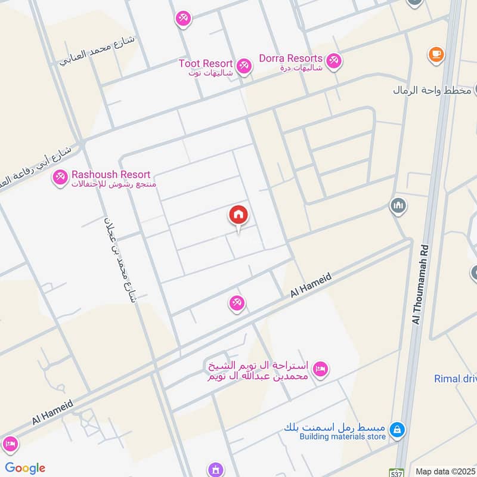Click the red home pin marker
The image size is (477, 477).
coord(238,215)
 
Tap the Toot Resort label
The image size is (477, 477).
coord(205,63)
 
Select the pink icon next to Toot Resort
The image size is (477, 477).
coord(243,66)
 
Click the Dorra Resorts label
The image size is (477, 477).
coord(290,58)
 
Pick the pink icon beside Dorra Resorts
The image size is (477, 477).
coord(333,61)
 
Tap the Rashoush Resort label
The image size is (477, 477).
coord(111,175)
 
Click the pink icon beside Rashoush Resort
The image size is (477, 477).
coord(60,177)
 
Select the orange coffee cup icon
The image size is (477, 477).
coord(436,55)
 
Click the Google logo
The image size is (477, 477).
coord(25,468)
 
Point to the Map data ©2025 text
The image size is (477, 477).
coord(445,471)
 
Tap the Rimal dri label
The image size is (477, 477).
coord(455,379)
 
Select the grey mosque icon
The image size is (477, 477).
coord(398,206)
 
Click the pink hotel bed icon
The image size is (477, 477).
coord(320,370)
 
